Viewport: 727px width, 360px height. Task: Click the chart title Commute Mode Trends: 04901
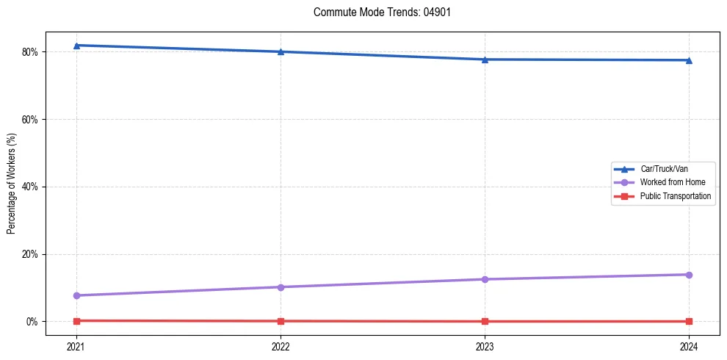coord(377,12)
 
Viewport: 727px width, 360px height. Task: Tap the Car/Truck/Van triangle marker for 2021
coord(76,46)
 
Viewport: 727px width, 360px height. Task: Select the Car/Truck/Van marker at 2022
coord(281,51)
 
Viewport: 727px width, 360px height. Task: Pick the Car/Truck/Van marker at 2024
coord(689,60)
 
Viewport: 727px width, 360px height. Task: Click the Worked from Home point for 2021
coord(76,295)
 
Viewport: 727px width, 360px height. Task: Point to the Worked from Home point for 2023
coord(485,279)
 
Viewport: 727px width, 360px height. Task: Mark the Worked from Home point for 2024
coord(689,275)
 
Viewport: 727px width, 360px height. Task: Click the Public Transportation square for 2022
coord(281,321)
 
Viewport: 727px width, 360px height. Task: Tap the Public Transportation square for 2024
coord(689,322)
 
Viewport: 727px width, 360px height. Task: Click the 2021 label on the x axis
coord(76,346)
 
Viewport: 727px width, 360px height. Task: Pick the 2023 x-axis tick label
coord(485,346)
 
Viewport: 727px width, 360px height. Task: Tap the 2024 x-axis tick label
coord(689,346)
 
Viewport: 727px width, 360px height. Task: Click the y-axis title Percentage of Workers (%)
coord(12,184)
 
